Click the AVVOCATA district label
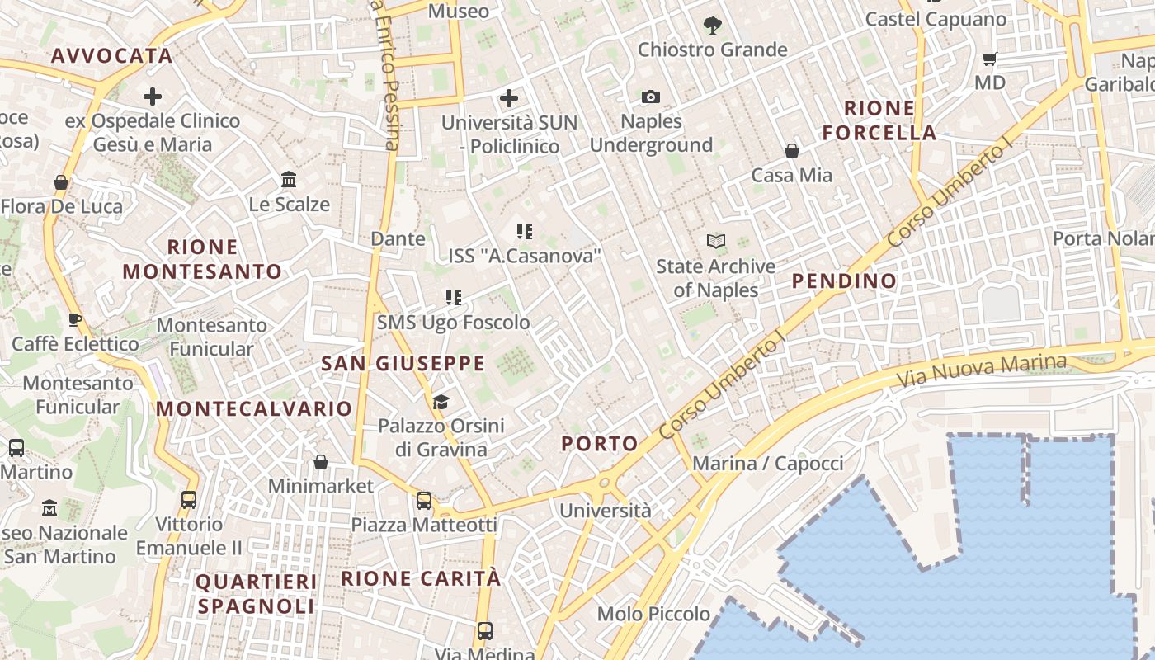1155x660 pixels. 111,56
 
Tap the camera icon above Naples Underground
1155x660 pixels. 651,97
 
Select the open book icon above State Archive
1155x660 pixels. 716,241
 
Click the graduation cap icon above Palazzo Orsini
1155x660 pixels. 441,402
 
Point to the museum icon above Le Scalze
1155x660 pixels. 289,179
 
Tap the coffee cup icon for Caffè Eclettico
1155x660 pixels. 75,319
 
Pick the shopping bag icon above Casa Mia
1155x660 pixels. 791,151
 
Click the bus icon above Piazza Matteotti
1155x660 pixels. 424,500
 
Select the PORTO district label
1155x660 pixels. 600,444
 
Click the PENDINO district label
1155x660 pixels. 844,281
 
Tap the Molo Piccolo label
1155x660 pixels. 653,614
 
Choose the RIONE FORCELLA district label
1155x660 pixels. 879,120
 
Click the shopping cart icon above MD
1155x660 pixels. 990,59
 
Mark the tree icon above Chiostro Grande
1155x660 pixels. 712,26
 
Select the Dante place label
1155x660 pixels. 398,239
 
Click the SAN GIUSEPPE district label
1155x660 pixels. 403,363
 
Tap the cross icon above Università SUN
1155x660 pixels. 509,99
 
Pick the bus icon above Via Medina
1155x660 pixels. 484,631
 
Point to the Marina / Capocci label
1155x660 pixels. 767,464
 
